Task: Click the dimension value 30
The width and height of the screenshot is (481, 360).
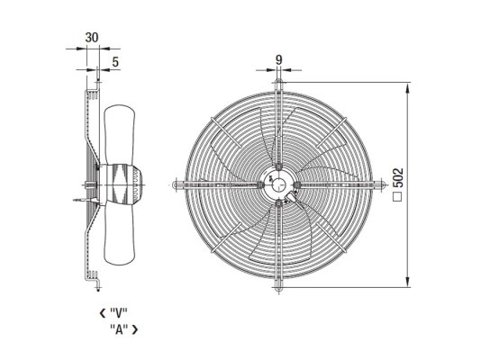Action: (92, 38)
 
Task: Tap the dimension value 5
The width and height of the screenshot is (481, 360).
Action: (115, 62)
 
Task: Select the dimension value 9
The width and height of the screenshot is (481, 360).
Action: (278, 59)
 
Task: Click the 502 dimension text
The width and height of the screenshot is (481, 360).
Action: (398, 177)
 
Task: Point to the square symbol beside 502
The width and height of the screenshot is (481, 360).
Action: (398, 197)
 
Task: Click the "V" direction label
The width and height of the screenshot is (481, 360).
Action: (118, 313)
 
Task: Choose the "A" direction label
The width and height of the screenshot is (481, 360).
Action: (119, 329)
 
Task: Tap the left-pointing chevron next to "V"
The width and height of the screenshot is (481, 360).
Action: (103, 313)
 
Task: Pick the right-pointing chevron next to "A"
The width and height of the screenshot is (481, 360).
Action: (135, 329)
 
